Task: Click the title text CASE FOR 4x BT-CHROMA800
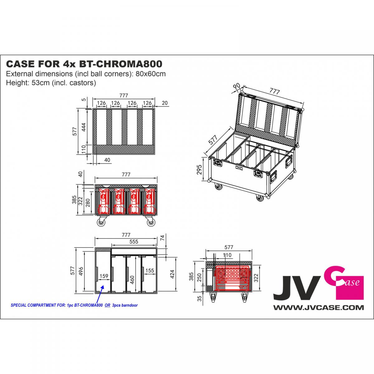(84, 64)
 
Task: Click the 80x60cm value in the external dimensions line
(151, 74)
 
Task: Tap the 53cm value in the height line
(38, 83)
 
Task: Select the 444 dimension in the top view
(84, 127)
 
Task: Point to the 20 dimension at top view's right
(165, 103)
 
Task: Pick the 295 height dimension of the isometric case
(199, 170)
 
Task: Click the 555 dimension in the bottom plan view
(134, 242)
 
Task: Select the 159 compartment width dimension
(104, 276)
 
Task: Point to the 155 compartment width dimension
(150, 270)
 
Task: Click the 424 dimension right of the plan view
(172, 274)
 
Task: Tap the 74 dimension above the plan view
(162, 237)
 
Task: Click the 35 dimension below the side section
(199, 298)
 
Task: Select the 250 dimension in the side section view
(199, 278)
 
